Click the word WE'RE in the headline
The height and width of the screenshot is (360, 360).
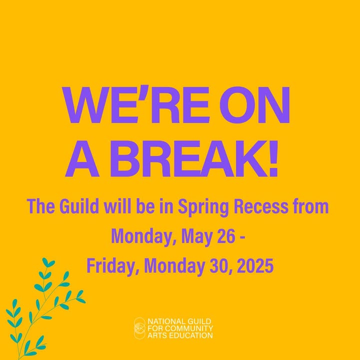[135, 104]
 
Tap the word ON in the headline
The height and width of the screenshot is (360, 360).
[254, 104]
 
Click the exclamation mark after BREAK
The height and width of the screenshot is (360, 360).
[273, 158]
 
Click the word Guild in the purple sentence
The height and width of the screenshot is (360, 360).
[79, 206]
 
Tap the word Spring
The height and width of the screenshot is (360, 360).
[203, 207]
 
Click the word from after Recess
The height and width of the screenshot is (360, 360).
[310, 206]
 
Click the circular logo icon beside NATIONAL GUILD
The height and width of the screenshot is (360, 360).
[140, 328]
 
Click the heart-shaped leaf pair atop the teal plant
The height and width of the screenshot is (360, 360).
[48, 262]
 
